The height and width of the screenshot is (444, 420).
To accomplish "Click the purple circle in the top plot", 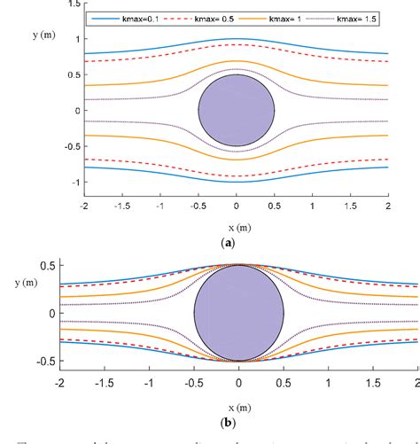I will [x=237, y=110].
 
